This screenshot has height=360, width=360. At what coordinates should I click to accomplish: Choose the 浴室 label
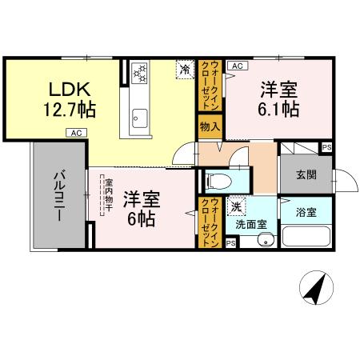tap(306, 213)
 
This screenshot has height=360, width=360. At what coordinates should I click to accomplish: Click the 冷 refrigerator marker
tap(185, 69)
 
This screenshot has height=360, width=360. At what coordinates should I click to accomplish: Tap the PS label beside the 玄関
tap(326, 147)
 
